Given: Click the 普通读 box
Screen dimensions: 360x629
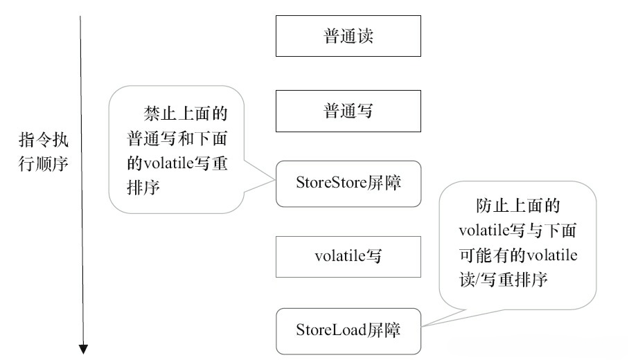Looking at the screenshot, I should point(348,37).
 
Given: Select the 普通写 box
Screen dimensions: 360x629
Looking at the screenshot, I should point(348,111).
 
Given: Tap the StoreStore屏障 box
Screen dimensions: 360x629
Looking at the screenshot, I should point(348,183).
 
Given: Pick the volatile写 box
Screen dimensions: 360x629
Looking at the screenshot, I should point(348,256).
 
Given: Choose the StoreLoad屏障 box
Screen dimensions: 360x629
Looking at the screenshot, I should point(348,330).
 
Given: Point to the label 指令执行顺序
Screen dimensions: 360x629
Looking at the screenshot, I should point(48,152).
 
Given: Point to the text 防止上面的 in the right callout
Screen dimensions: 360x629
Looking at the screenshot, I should point(518,207).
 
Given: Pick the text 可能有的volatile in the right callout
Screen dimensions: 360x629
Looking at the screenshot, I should point(518,254).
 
